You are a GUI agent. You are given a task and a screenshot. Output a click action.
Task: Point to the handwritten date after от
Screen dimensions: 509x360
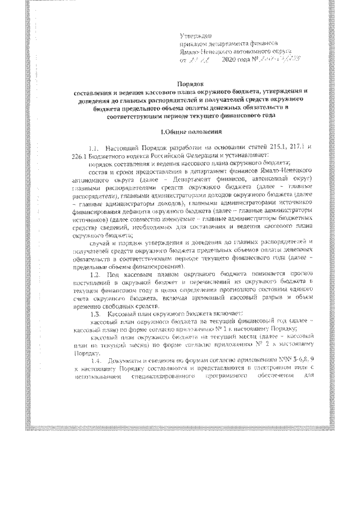(202, 59)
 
